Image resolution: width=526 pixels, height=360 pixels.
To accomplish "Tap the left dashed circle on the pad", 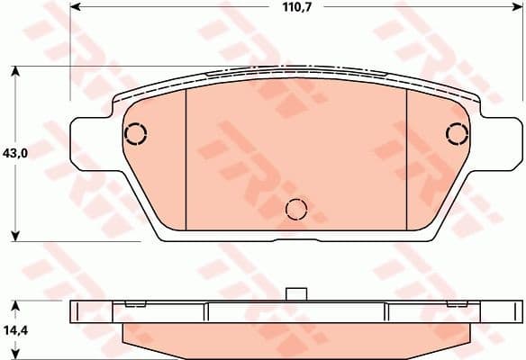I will point(135,134).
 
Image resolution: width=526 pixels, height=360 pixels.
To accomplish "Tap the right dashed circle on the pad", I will point(458,134).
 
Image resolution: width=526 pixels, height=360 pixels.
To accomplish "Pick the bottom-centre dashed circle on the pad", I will point(296,210).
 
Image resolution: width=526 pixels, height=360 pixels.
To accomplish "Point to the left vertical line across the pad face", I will point(185,157).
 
